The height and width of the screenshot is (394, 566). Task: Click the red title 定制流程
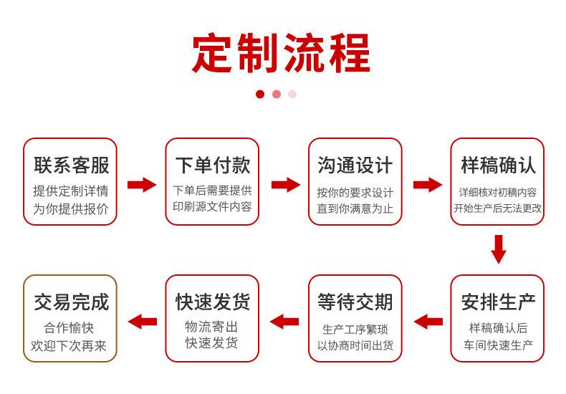281,53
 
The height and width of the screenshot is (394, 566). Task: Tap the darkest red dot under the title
260,94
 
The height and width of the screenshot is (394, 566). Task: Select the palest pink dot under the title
292,94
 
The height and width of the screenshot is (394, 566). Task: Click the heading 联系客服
72,165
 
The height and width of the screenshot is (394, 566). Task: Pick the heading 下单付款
213,165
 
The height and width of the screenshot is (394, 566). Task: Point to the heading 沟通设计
355,165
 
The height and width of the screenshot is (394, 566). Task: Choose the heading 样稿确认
498,165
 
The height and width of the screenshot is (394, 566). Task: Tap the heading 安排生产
498,302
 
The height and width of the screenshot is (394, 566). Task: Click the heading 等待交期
355,302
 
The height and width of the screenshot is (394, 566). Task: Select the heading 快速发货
213,302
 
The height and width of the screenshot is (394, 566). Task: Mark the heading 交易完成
72,302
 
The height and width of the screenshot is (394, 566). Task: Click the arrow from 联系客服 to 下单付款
142,185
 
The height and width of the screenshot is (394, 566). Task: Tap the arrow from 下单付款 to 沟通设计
286,185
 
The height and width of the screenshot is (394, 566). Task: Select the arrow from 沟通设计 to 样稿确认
428,185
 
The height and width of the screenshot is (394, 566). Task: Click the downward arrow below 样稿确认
499,249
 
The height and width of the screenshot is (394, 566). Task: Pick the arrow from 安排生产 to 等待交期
428,322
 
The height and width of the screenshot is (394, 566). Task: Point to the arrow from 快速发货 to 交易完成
143,322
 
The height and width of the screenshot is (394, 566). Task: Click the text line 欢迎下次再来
69,346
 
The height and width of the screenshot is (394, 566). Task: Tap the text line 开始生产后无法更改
498,208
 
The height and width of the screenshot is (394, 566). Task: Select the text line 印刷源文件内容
212,207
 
